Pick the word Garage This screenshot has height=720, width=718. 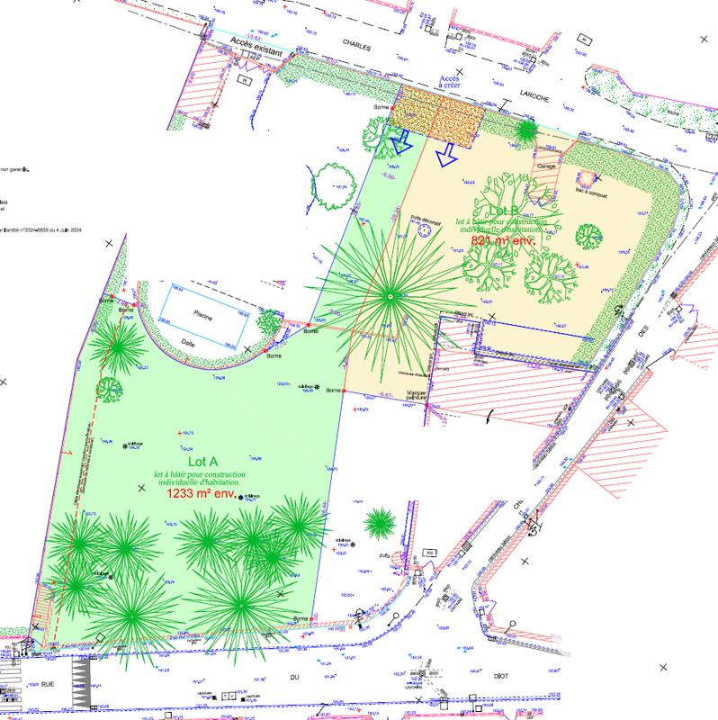click(548, 166)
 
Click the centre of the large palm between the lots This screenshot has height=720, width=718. click(390, 295)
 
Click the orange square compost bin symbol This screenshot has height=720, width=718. click(586, 175)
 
